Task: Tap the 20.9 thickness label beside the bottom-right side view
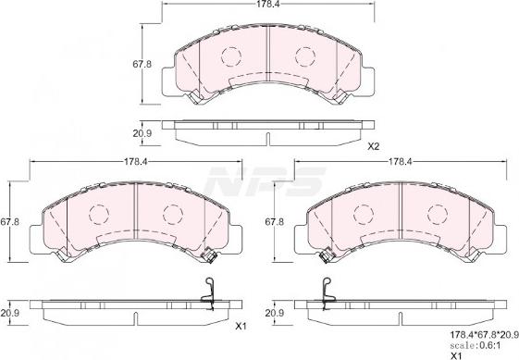pyautogui.click(x=274, y=313)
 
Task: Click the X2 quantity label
pyautogui.click(x=374, y=146)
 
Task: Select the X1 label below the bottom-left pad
pyautogui.click(x=242, y=327)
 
